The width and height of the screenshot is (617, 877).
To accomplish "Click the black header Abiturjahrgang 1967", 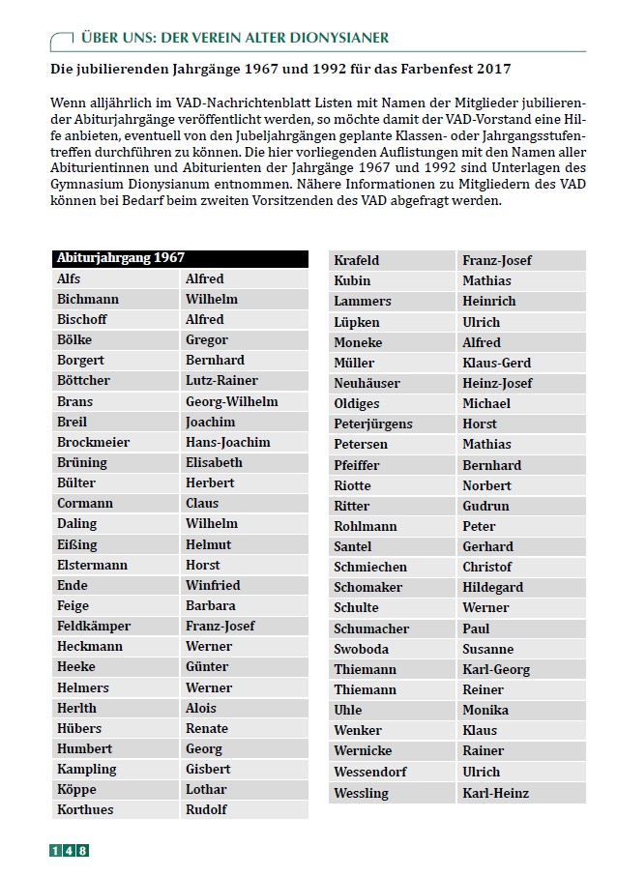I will click(x=121, y=258).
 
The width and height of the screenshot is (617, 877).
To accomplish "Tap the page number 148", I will click(x=69, y=851).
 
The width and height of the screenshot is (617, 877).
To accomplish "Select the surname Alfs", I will click(x=69, y=278).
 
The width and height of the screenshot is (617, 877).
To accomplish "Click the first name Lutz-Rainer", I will click(x=221, y=380).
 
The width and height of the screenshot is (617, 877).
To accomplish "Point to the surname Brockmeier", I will click(x=93, y=442).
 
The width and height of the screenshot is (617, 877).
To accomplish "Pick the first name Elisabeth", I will click(x=214, y=462).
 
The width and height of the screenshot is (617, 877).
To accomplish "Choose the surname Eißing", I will click(x=77, y=544).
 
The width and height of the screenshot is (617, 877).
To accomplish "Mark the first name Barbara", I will click(x=210, y=605).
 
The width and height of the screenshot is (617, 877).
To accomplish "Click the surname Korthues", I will click(x=85, y=809).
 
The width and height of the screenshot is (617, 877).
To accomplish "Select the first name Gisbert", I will click(x=208, y=769).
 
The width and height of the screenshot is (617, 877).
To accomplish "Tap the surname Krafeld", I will click(x=356, y=260).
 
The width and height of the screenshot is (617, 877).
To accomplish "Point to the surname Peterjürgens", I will click(x=372, y=424).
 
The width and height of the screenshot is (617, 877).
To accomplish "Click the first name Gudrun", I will click(x=485, y=506).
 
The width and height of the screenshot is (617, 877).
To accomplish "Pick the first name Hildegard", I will click(x=492, y=587).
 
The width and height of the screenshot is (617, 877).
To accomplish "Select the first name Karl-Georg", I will click(x=496, y=669).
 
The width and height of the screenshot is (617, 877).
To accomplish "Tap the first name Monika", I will click(x=485, y=710).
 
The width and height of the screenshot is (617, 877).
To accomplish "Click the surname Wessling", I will click(x=361, y=793).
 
